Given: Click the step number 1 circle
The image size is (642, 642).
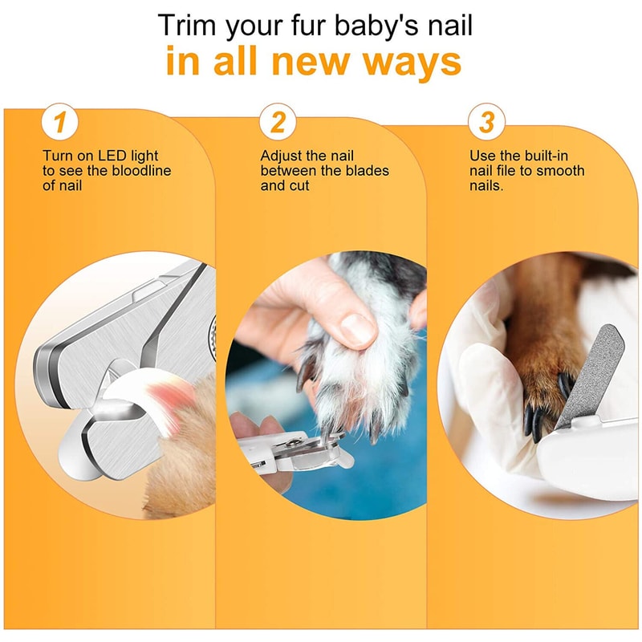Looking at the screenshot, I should point(61,123).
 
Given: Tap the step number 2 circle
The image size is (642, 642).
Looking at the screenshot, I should point(278,123).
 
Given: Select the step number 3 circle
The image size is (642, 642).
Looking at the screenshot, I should point(486,123).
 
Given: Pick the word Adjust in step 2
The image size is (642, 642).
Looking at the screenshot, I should point(281,156).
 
